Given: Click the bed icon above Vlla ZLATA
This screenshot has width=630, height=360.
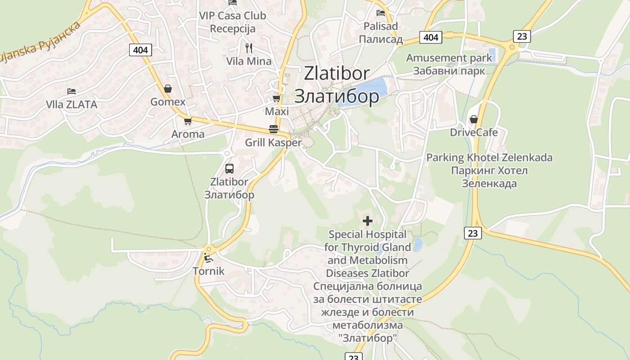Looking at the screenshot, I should (71, 91).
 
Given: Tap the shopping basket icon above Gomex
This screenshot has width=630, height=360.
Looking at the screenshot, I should (168, 89).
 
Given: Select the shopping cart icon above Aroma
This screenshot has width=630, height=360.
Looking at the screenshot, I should (188, 121).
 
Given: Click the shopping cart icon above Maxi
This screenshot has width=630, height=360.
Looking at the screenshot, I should (276, 98).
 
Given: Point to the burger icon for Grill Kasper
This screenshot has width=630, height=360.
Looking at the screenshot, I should (273, 129).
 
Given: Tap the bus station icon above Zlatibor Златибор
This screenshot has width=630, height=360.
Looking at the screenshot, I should (229, 169).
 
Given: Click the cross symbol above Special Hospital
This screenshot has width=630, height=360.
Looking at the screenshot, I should (368, 221).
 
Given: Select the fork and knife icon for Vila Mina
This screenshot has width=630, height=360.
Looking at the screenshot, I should (249, 48).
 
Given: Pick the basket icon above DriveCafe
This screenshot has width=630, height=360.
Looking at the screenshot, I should (473, 119).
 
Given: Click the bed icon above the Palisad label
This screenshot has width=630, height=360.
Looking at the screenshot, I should (381, 13).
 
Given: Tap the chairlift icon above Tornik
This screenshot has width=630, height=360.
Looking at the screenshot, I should (208, 258).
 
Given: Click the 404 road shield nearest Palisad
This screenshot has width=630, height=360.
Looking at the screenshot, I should (431, 37).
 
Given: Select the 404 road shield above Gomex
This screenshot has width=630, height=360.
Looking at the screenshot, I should (140, 49).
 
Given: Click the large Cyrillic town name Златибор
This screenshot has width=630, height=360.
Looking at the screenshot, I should (336, 96).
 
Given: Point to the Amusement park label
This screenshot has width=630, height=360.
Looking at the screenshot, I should (449, 58).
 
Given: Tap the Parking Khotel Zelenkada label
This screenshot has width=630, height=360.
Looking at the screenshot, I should (489, 157).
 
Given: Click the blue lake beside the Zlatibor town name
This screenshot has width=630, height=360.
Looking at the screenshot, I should (364, 92).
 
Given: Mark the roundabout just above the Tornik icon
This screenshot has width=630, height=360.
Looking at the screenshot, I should (208, 248).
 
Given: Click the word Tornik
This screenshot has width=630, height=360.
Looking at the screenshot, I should (208, 271).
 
